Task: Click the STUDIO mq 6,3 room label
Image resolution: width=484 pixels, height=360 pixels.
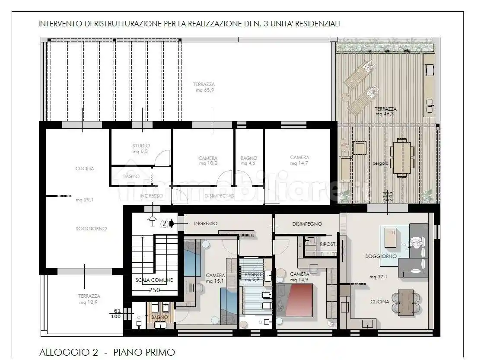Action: [141, 149]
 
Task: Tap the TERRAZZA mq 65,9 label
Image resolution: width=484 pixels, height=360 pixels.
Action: [204, 87]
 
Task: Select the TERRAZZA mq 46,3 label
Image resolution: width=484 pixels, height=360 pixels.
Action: [385, 112]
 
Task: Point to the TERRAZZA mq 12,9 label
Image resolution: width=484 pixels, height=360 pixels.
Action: [89, 299]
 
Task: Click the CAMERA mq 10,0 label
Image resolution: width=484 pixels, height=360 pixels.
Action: [208, 161]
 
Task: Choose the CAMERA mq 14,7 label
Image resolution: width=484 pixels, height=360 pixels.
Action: [299, 160]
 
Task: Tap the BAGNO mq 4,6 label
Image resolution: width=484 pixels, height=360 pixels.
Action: [249, 161]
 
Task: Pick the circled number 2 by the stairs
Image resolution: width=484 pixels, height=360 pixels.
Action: [164, 224]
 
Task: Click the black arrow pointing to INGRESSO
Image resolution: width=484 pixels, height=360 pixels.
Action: [172, 224]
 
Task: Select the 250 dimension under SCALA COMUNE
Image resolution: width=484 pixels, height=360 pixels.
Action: [155, 290]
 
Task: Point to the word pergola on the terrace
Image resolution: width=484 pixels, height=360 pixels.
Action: [380, 164]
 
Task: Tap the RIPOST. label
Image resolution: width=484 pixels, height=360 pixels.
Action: [328, 244]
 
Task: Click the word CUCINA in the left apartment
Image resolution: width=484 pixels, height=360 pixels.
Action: [84, 169]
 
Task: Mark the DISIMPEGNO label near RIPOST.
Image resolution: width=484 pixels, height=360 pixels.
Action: [307, 224]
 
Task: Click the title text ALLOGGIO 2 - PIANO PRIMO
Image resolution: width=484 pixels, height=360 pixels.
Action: [107, 352]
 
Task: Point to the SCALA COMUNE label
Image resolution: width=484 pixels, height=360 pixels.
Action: [154, 280]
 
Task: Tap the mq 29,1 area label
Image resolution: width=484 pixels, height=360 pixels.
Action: [84, 200]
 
